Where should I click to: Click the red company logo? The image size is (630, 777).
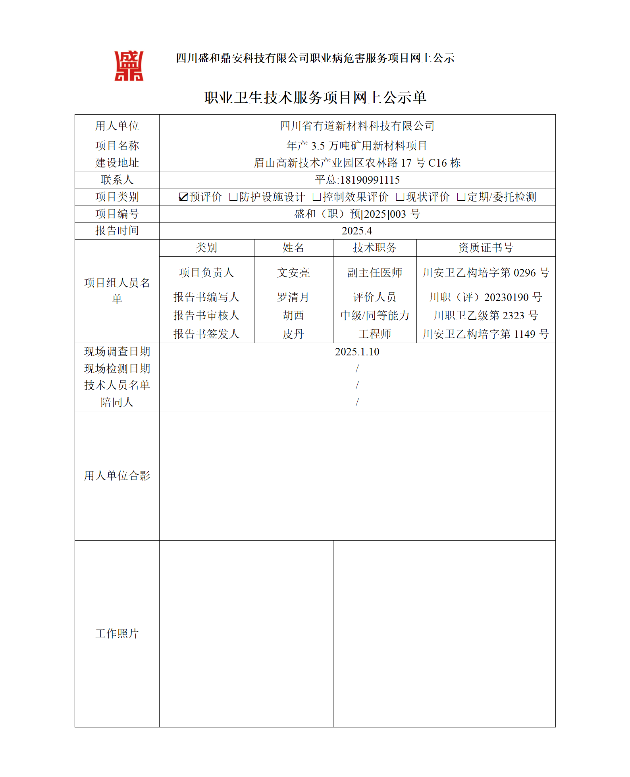point(129,66)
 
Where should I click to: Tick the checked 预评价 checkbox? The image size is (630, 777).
point(183,197)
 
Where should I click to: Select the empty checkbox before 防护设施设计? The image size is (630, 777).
point(233,197)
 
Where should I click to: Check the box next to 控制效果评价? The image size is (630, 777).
point(316,197)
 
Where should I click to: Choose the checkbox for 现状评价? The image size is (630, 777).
point(400,197)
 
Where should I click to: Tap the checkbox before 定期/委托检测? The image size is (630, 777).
point(461,197)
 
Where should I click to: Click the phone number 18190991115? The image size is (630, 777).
point(370,180)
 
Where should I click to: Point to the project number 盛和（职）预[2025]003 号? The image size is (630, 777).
point(357,214)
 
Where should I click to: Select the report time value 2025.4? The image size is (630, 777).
point(357,231)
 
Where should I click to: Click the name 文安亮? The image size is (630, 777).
point(293,273)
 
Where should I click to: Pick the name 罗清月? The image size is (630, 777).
point(293,297)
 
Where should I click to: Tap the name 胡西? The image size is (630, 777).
point(293,316)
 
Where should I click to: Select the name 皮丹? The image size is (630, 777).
point(293,334)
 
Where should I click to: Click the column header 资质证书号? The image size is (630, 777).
point(486,248)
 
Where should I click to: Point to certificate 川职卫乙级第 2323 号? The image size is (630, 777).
point(486,316)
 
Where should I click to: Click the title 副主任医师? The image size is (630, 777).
point(374,273)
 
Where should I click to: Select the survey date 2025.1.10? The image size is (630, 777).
point(357,352)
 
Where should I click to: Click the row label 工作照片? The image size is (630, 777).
point(117,633)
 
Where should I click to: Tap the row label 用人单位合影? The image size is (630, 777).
point(117,476)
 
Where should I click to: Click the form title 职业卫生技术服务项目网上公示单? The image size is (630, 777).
point(315,98)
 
